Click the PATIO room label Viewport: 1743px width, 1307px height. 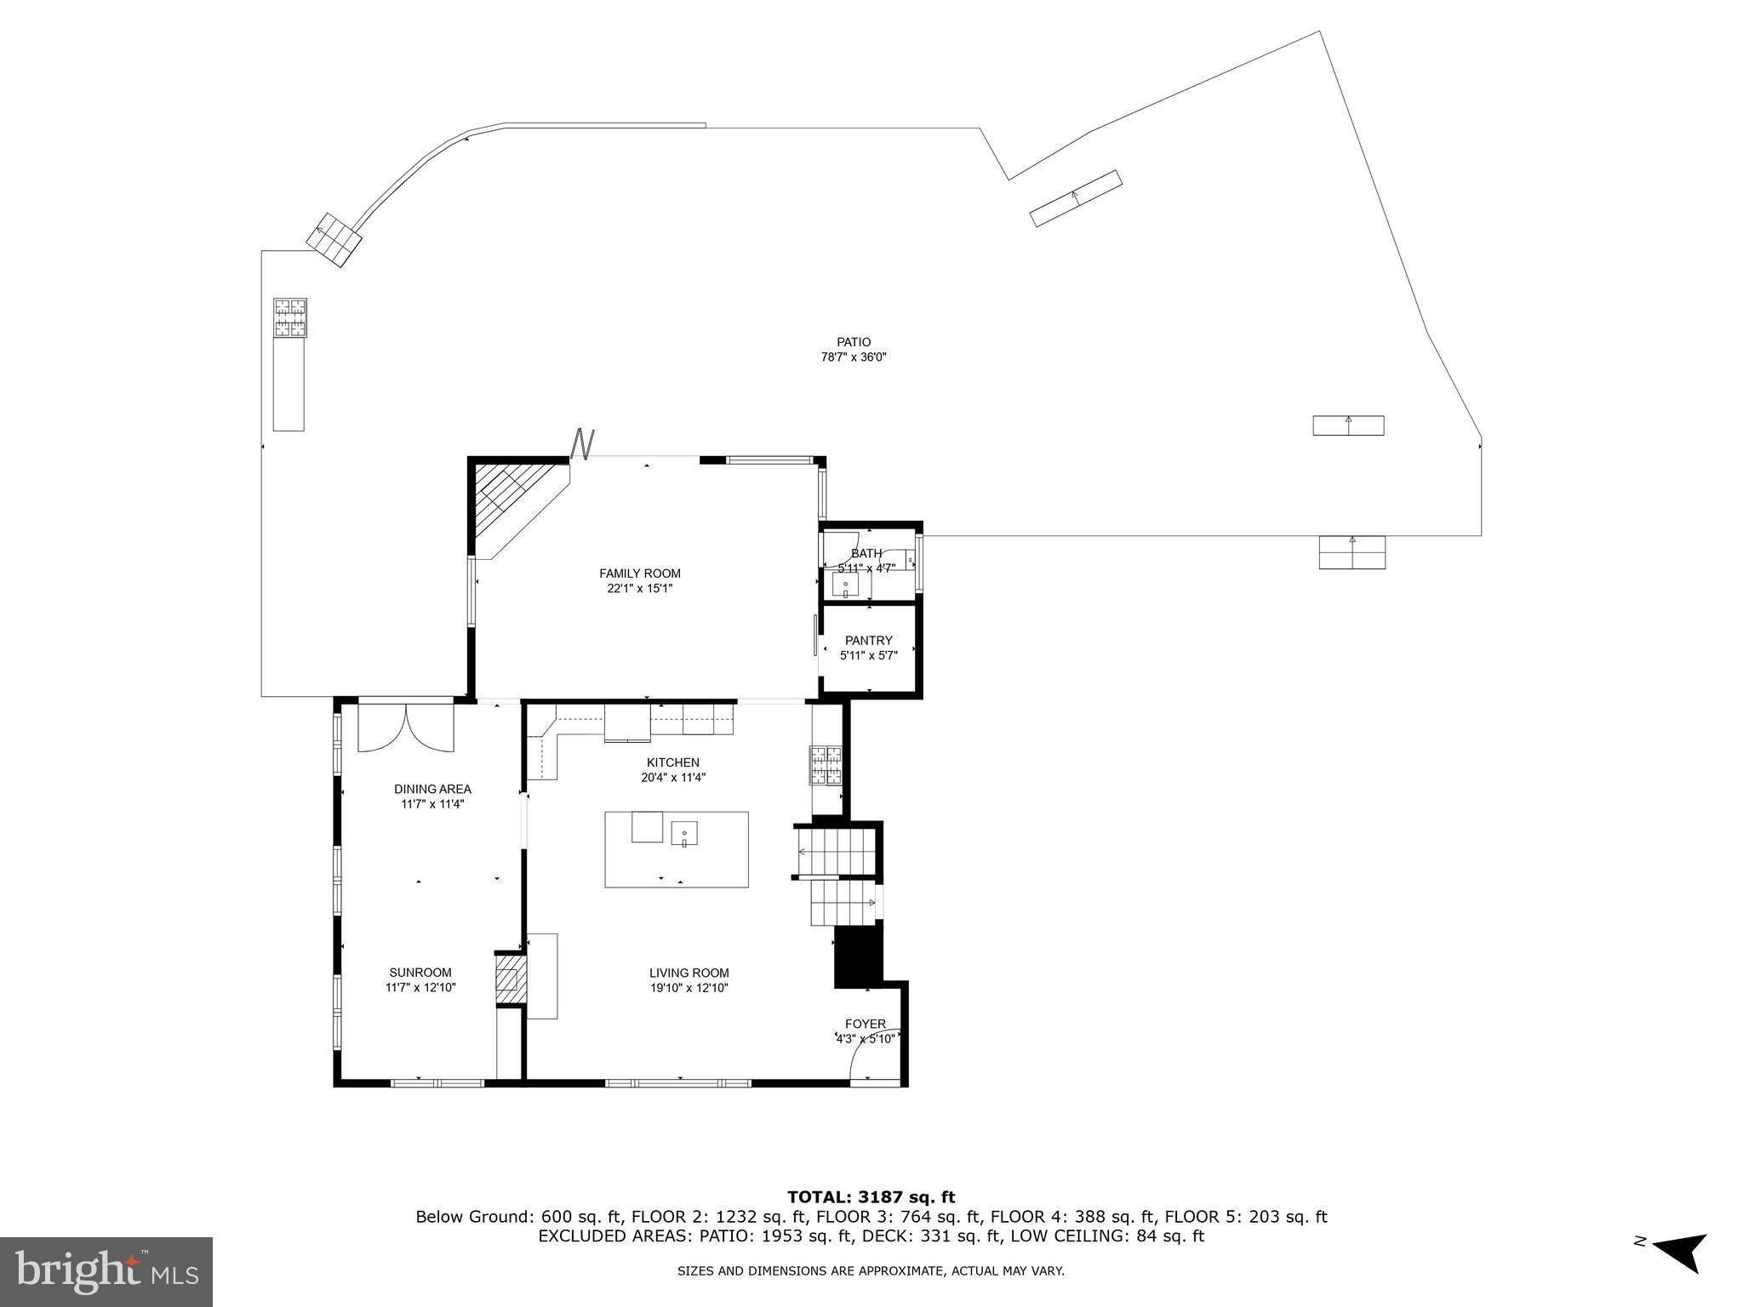point(853,342)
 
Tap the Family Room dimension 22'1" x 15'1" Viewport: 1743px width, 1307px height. point(640,588)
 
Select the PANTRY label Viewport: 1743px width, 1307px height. point(868,641)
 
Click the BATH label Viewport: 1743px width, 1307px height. point(866,554)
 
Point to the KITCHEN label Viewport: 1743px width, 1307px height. point(672,762)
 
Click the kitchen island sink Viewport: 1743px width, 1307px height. point(684,833)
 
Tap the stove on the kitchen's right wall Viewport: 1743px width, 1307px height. point(826,764)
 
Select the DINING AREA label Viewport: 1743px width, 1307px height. point(432,789)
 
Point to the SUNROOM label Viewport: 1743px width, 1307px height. point(420,973)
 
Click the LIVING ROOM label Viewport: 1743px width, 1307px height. point(689,973)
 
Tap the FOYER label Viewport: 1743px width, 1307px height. point(865,1024)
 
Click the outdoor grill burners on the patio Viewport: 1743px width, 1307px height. point(289,317)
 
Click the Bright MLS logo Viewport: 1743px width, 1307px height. point(106,1271)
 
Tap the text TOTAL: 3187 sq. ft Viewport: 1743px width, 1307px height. point(871,1197)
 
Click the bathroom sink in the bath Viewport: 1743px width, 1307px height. point(846,585)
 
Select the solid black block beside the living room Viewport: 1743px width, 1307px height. point(859,956)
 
